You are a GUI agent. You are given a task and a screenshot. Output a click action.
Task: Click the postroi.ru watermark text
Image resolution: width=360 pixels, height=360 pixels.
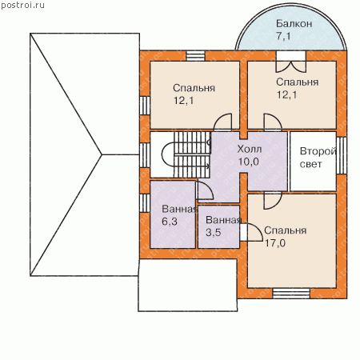click(22, 6)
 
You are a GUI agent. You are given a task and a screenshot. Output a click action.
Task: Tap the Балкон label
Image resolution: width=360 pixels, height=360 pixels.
click(294, 24)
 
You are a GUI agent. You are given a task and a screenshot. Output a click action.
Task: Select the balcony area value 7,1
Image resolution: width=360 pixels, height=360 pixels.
click(283, 36)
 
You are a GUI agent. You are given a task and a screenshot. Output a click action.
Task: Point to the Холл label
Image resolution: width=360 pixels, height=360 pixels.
click(250, 149)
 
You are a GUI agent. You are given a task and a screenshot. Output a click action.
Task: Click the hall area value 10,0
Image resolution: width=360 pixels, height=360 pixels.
click(248, 162)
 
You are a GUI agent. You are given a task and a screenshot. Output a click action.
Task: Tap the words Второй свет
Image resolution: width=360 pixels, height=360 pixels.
click(317, 158)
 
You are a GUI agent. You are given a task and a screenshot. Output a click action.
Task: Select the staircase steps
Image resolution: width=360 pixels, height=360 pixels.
click(192, 154)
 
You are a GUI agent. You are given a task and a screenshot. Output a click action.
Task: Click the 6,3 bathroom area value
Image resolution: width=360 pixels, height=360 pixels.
click(170, 222)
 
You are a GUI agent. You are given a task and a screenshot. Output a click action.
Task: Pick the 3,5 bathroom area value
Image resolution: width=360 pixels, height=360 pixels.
click(214, 232)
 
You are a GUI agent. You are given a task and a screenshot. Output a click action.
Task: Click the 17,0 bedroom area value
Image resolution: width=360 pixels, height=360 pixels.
click(275, 243)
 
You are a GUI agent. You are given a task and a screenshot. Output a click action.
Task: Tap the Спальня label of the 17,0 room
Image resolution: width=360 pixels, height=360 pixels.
click(285, 230)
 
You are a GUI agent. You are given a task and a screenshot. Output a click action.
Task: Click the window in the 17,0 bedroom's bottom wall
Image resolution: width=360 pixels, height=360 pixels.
click(291, 294)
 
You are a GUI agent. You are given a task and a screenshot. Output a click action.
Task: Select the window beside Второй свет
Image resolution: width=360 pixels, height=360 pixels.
click(342, 155)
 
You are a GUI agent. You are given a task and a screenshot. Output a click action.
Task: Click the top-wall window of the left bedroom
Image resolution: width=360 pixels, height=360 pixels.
click(195, 56)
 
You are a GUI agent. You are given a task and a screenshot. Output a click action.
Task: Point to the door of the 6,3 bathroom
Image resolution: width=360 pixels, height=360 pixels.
click(205, 190)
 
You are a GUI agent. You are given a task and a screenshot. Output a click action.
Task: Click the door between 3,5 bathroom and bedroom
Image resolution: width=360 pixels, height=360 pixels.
click(251, 232)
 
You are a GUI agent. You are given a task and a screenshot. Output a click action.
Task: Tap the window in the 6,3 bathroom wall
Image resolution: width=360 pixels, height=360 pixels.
click(145, 203)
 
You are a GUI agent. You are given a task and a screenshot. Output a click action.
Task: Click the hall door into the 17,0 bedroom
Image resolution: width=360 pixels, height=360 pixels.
click(273, 200)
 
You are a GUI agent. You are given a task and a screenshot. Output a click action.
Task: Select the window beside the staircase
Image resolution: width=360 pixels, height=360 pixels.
click(145, 155)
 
